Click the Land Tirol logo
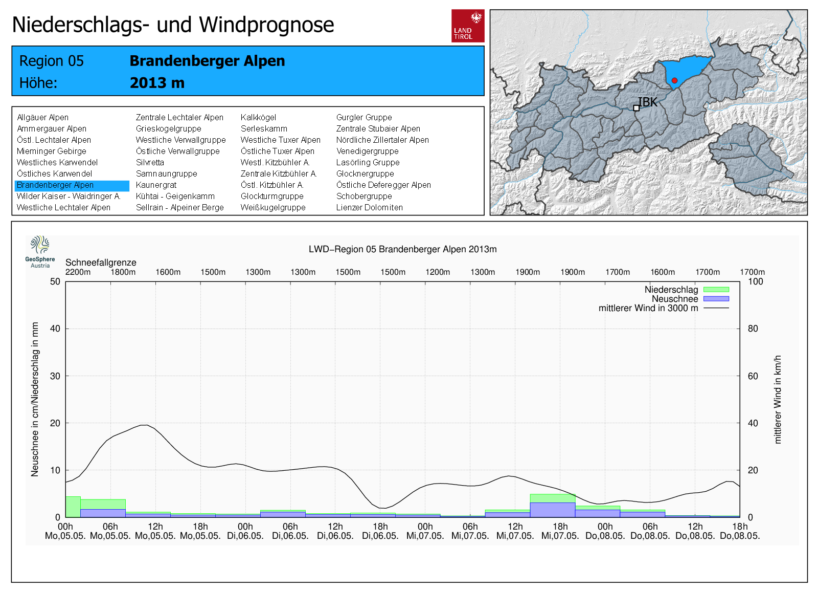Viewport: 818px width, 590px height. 467,26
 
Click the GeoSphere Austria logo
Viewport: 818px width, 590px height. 40,251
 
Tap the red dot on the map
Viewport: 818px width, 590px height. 674,80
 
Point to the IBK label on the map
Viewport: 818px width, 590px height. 647,102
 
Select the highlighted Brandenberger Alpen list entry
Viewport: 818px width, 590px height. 55,185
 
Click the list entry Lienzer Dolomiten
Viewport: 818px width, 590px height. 369,208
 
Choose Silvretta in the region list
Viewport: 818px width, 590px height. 150,163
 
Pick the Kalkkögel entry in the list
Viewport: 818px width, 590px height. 258,118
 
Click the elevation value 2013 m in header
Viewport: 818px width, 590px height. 157,83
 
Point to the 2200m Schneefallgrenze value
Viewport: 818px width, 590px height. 78,272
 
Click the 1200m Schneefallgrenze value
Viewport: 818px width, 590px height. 438,272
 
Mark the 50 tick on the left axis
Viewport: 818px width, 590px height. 55,281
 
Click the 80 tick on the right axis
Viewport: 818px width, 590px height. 753,329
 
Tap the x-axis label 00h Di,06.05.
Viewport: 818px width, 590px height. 245,531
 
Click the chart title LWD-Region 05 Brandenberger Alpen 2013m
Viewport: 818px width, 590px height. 402,249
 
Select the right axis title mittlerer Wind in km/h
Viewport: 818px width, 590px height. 778,399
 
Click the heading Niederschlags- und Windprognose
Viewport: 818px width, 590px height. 173,25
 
